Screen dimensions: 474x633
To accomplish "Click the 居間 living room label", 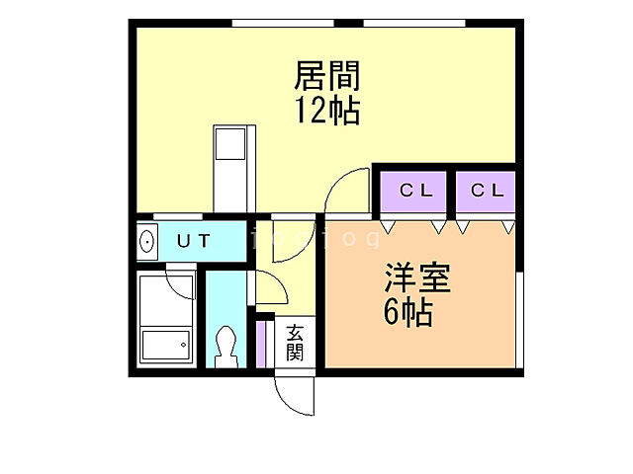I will (x=325, y=75).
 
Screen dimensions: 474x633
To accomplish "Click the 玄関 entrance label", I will (x=295, y=343).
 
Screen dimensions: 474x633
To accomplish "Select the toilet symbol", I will (x=226, y=347).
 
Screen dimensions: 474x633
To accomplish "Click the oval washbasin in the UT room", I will (x=147, y=241).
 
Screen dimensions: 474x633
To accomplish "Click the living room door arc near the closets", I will (x=345, y=190).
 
